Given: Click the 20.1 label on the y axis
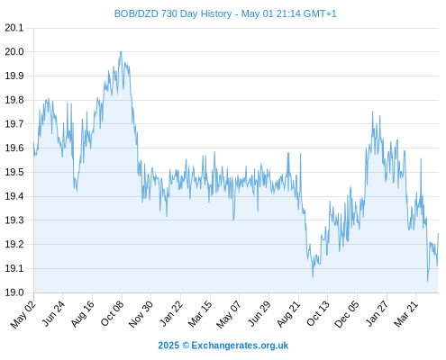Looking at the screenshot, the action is (14, 28).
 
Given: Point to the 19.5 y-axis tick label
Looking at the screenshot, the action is (14, 172).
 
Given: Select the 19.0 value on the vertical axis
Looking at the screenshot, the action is (14, 292).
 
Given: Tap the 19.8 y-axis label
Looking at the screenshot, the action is (14, 100).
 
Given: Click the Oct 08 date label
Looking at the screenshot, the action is (112, 313).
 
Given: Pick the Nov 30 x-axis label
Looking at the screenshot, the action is (141, 314).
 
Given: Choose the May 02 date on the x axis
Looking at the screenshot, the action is (23, 314).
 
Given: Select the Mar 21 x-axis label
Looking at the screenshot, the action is (405, 314).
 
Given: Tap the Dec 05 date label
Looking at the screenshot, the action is (347, 314).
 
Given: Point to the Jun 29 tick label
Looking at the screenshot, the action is (259, 313).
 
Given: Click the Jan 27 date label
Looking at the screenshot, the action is (377, 313).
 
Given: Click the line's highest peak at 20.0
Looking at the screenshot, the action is (121, 51).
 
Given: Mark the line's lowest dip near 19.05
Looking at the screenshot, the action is (428, 281).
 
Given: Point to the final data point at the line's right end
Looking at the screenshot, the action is (438, 233).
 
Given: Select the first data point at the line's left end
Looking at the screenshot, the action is (33, 142).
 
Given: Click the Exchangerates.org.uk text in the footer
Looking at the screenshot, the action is (240, 346).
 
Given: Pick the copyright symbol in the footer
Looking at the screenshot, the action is (186, 346).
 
